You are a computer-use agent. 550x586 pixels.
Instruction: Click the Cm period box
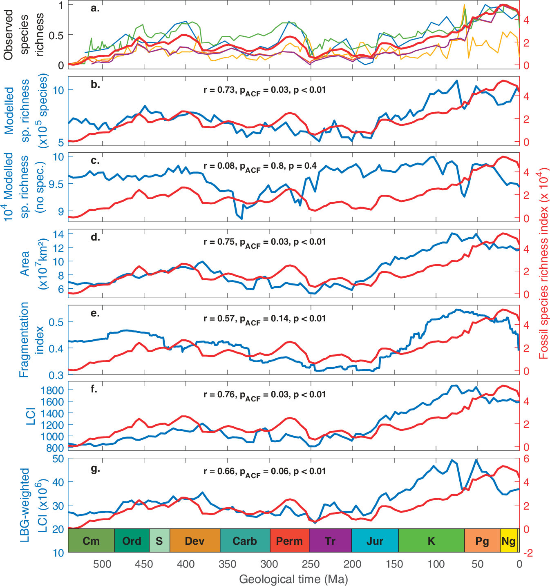(91, 541)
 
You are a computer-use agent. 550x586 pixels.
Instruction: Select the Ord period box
(132, 541)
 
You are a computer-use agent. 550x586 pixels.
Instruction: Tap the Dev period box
(195, 541)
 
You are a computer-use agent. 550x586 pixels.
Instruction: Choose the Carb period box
(245, 541)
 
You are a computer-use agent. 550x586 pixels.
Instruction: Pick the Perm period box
(289, 541)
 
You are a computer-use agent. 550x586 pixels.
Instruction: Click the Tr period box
(330, 541)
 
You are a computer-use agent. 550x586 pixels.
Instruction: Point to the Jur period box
(375, 541)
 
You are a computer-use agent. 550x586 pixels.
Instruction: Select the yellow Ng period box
(509, 541)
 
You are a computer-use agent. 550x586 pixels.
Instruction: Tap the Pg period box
(482, 541)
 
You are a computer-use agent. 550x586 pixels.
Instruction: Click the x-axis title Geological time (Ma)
(293, 579)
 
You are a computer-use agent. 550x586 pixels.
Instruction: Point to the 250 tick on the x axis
(311, 564)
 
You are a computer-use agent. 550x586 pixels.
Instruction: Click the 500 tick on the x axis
(102, 564)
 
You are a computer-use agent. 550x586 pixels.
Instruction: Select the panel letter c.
(95, 161)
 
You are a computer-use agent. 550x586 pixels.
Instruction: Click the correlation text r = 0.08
(219, 166)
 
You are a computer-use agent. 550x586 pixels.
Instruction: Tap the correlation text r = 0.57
(219, 318)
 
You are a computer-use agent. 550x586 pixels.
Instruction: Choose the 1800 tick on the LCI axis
(52, 390)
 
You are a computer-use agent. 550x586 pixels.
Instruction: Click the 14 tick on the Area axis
(58, 234)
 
